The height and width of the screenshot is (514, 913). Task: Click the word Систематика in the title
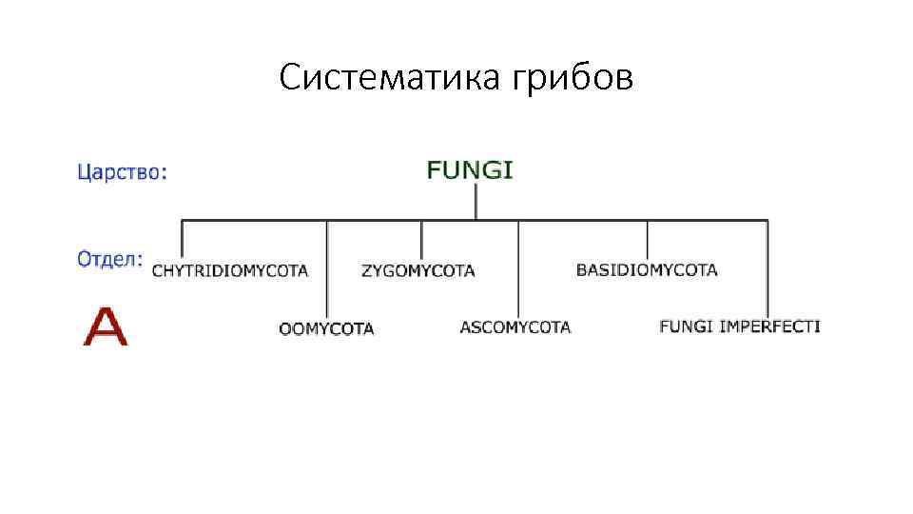tap(390, 78)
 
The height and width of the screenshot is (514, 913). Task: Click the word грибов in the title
tap(573, 78)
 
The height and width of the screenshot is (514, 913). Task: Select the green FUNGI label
tap(470, 171)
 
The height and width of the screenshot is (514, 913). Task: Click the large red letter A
tap(105, 326)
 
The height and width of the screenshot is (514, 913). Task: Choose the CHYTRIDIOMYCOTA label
tap(230, 271)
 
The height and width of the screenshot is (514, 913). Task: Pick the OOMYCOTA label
tap(326, 329)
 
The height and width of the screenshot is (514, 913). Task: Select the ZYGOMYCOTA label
tap(418, 271)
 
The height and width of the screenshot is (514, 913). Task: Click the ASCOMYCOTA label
tap(515, 327)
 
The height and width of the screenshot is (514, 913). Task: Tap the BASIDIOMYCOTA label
tap(647, 270)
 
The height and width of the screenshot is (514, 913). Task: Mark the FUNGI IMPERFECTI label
tap(740, 326)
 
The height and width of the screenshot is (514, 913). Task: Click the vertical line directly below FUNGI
tap(476, 202)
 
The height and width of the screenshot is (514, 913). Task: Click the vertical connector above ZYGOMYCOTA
tap(421, 239)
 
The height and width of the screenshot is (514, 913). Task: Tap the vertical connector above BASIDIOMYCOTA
tap(648, 239)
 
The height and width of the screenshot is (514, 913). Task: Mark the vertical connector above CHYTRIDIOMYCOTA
tap(182, 238)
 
